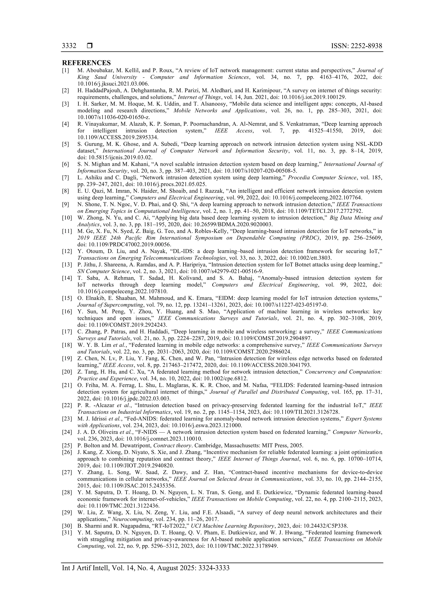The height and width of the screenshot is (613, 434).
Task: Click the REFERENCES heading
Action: (x=86, y=63)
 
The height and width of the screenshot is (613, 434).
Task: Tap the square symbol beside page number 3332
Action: (x=89, y=46)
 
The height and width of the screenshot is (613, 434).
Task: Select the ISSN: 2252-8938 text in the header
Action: (x=356, y=46)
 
